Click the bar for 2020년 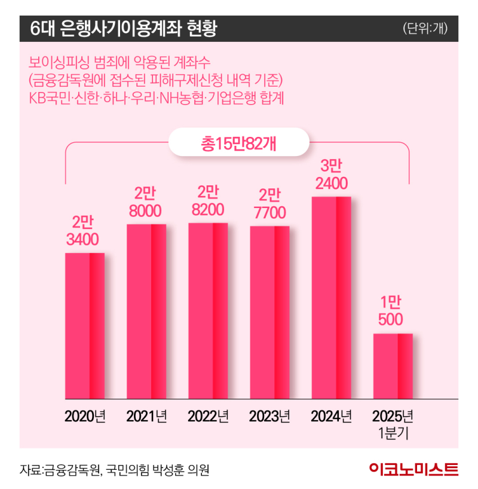(84, 325)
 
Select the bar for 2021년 (146, 311)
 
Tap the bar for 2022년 (208, 310)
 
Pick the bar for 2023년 (269, 312)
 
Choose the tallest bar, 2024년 (331, 297)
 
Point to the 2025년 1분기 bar (393, 366)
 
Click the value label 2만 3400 (84, 231)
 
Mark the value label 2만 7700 (269, 204)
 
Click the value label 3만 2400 (331, 174)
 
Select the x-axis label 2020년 (84, 416)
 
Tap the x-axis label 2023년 (269, 416)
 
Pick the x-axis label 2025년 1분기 (393, 424)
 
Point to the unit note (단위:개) (425, 28)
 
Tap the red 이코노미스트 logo (413, 470)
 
